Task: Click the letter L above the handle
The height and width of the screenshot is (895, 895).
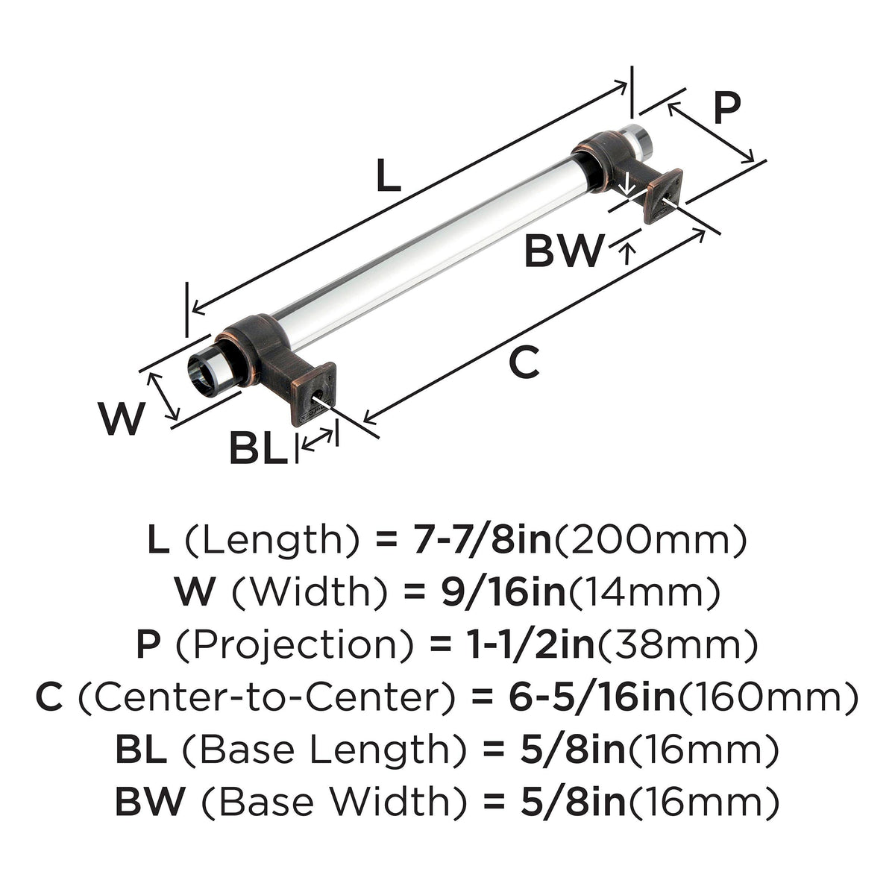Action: [x=389, y=175]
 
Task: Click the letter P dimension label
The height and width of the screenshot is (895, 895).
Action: [x=727, y=107]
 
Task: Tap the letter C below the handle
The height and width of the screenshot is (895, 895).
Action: [x=524, y=361]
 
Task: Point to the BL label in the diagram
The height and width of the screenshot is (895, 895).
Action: [x=258, y=447]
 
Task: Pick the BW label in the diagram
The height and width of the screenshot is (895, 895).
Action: [x=565, y=251]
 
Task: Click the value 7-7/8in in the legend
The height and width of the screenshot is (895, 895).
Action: [x=482, y=541]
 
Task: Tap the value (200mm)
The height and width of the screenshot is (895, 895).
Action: [x=650, y=541]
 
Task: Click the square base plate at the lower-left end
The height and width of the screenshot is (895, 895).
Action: [x=313, y=394]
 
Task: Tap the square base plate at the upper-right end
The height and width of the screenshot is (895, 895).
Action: [x=663, y=196]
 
